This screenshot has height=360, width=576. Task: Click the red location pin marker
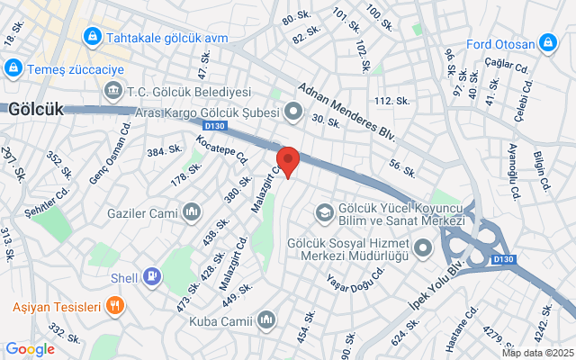tap(288, 160)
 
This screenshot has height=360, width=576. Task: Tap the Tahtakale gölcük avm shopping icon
tap(92, 38)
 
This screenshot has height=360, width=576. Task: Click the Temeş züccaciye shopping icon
tap(13, 67)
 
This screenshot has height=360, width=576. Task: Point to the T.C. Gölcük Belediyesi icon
tap(113, 91)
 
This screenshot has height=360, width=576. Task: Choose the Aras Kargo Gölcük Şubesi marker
tap(293, 112)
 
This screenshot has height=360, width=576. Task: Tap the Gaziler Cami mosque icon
tap(191, 211)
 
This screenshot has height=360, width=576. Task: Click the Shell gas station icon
tap(152, 276)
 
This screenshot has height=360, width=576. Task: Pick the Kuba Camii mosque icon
tap(265, 319)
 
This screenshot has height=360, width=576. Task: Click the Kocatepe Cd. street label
tap(221, 149)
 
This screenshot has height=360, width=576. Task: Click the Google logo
tap(30, 349)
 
